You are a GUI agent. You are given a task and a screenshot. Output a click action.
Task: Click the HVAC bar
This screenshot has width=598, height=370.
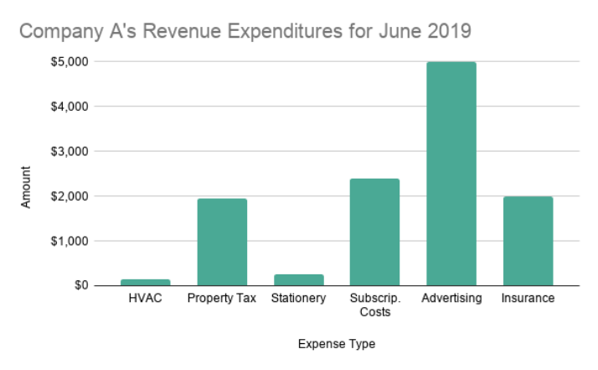(x=146, y=282)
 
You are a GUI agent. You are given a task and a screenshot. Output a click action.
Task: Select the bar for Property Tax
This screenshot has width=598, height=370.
(x=222, y=242)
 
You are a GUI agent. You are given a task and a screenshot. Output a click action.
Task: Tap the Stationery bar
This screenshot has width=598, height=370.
(x=298, y=279)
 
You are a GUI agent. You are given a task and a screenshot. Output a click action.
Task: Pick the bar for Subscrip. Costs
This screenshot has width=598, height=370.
(x=374, y=232)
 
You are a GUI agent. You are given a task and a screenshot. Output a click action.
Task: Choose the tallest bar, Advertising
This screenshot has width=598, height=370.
(x=451, y=174)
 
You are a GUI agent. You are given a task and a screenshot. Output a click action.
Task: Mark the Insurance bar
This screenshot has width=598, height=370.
(x=528, y=241)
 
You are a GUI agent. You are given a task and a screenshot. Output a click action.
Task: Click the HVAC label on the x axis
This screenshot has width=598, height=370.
(x=146, y=299)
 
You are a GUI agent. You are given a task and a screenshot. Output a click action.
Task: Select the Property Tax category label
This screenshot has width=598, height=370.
(x=222, y=299)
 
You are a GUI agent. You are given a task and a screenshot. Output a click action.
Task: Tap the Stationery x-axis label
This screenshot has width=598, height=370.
(x=298, y=299)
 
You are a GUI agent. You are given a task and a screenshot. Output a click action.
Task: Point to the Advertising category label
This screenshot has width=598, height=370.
(x=451, y=299)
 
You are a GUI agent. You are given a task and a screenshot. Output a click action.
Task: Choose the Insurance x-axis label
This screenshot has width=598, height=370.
(x=528, y=299)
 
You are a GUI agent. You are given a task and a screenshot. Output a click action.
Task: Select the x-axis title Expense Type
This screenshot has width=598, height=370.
(x=336, y=344)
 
